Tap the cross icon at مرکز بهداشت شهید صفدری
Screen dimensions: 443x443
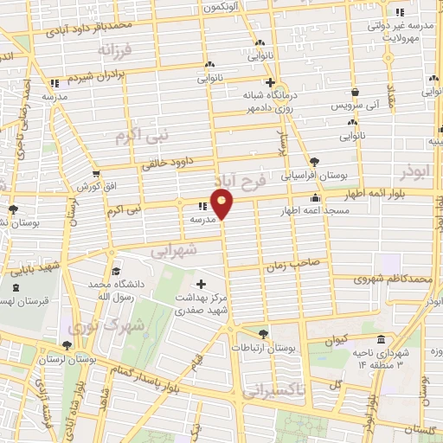click(x=202, y=284)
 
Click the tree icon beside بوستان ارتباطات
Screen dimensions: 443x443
click(x=263, y=332)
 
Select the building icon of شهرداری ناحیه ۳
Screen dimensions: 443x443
click(x=382, y=339)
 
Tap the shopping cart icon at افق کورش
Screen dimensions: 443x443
click(x=96, y=174)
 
